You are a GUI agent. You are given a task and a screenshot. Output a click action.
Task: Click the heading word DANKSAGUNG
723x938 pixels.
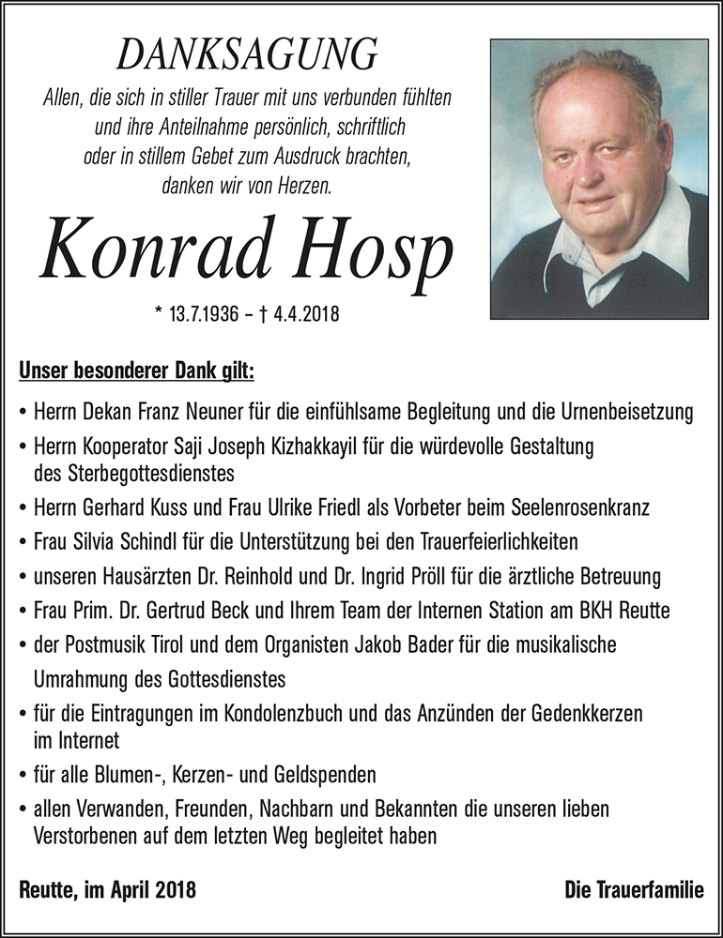(x=247, y=55)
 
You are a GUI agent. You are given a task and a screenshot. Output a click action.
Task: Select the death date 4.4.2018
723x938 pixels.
(x=300, y=314)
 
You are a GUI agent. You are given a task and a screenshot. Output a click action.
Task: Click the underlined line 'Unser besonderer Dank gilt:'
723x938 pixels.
(x=136, y=371)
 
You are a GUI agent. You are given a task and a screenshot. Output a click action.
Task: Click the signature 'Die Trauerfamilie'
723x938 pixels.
(x=634, y=889)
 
